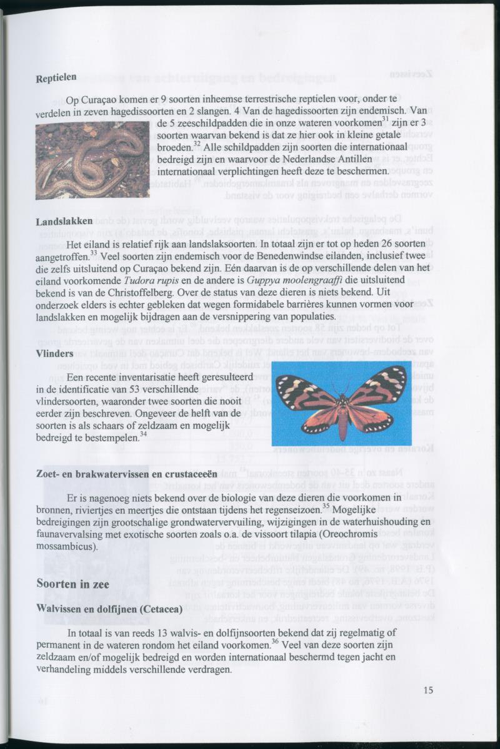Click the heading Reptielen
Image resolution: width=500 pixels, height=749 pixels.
[x=56, y=79]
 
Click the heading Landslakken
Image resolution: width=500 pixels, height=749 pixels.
[x=64, y=222]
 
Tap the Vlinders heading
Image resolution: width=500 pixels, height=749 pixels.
[x=55, y=354]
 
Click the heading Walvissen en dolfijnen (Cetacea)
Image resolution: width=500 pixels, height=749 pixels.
[x=109, y=609]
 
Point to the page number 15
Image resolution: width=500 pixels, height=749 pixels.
[x=427, y=690]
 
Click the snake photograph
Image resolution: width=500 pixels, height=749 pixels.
[x=92, y=160]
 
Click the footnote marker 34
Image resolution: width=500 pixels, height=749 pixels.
[x=143, y=434]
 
